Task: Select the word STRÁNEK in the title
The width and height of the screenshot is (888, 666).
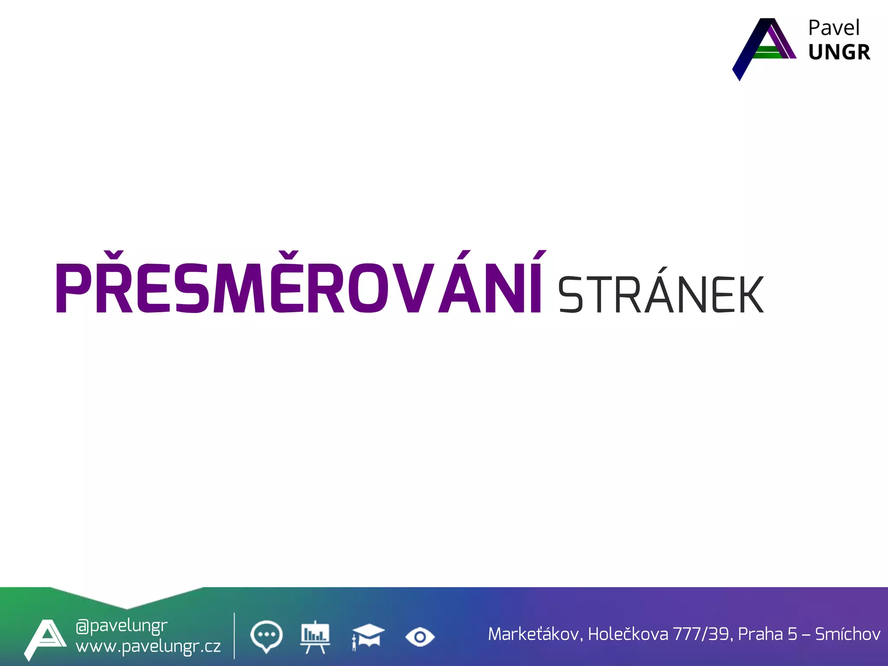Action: point(660,294)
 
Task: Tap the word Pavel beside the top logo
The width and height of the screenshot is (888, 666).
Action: point(833,28)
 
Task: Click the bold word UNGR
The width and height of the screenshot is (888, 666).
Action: point(839,52)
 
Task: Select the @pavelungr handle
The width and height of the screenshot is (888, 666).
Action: point(121,626)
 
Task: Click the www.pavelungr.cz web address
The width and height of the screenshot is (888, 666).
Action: point(148,646)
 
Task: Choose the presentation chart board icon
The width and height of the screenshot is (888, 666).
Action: point(315,637)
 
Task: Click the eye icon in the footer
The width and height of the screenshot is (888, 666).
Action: point(420,637)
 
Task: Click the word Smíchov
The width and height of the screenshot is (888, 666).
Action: point(848,634)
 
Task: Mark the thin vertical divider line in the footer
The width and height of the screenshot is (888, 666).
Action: point(234,636)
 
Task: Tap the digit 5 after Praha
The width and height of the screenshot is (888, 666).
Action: point(793,634)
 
